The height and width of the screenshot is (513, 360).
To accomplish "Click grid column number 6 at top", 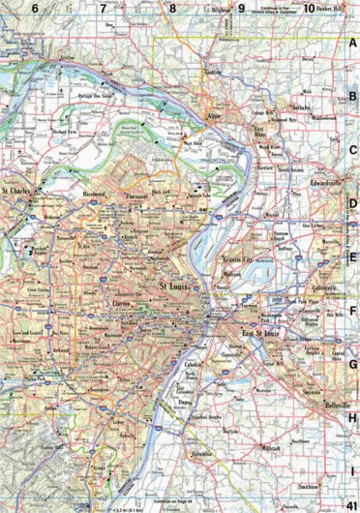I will click(x=35, y=8).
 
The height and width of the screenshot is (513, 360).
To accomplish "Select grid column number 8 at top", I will click(x=172, y=8).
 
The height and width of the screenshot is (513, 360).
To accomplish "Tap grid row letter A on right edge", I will click(x=353, y=43).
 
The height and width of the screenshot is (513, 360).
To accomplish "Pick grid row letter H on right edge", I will click(x=353, y=418).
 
